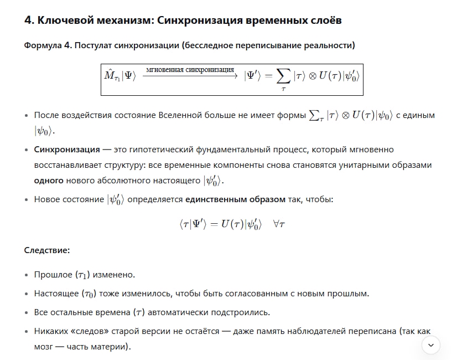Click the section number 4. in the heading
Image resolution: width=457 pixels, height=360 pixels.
[x=29, y=20]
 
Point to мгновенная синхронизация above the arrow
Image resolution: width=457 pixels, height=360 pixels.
[x=190, y=70]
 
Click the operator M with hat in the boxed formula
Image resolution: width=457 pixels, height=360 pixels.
[x=109, y=74]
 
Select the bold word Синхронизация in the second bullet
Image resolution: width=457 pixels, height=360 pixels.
[x=67, y=150]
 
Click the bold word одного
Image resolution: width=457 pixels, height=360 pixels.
[x=49, y=181]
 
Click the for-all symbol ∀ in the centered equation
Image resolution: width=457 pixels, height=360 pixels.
[x=275, y=225]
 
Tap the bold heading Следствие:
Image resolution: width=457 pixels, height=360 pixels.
[x=47, y=250]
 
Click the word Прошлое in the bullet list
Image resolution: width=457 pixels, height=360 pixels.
[x=53, y=275]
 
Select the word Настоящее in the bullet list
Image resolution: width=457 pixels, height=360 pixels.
[x=56, y=293]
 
